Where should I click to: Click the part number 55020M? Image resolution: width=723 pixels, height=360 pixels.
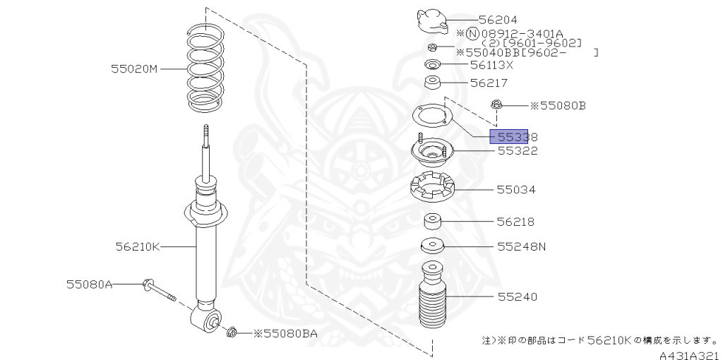coord(134,69)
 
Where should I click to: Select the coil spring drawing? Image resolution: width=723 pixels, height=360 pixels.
coord(205,68)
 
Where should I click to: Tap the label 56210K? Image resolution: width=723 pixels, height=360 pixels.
coord(138,246)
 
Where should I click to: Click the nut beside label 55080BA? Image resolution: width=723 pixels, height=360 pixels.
coord(232,331)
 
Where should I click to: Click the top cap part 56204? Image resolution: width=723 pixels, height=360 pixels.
coord(433,20)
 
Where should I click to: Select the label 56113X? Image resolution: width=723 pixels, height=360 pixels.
coord(491,65)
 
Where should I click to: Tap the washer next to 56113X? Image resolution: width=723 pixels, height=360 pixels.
coord(433,65)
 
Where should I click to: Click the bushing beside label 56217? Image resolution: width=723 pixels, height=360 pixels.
coord(432,84)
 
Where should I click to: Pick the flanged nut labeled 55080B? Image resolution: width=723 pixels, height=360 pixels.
coord(498,105)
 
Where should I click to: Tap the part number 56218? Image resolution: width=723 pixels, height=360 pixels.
coord(515,222)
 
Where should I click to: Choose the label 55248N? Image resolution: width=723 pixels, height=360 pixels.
coord(521,247)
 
